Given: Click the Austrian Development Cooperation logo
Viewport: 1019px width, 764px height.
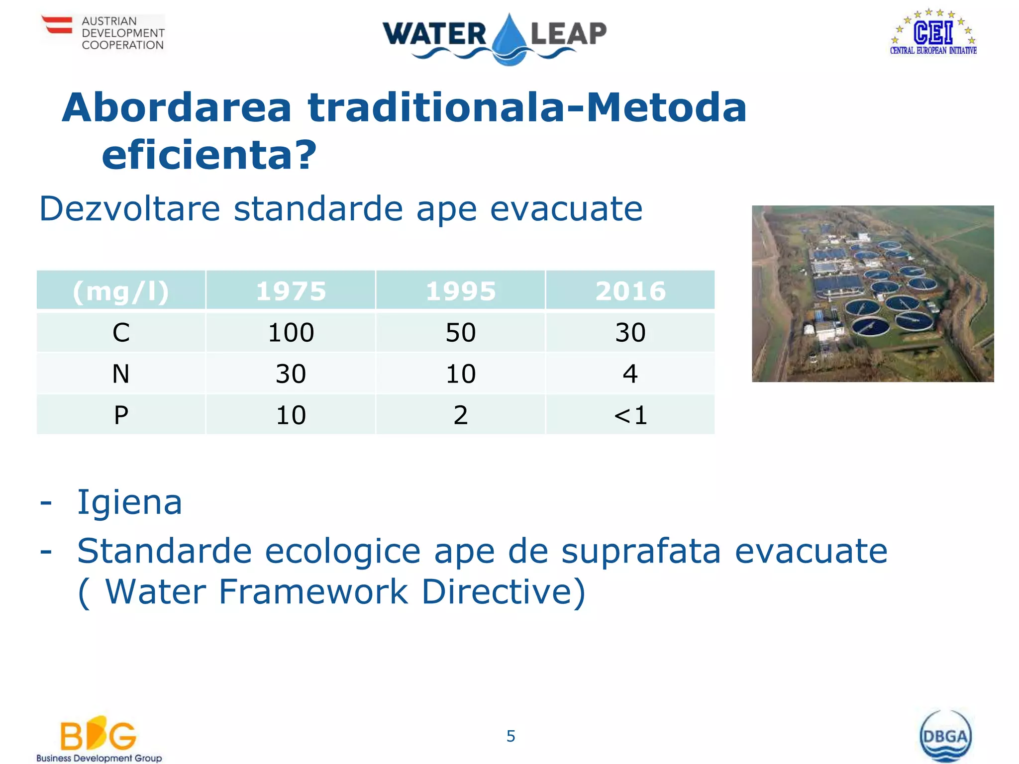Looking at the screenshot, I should (x=103, y=32).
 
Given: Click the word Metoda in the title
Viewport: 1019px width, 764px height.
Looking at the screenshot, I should (x=666, y=108).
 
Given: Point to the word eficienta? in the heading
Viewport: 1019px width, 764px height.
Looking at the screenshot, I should (x=209, y=155).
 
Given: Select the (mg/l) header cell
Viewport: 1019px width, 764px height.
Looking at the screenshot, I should (x=121, y=291).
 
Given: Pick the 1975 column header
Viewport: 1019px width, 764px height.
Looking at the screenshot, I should (x=291, y=291).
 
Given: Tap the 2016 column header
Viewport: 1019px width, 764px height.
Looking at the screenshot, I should (x=630, y=291).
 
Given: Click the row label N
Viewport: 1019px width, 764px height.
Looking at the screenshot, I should (x=121, y=374).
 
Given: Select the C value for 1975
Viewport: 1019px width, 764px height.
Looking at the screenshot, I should (x=291, y=332).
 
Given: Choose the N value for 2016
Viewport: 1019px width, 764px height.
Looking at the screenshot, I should (x=630, y=374).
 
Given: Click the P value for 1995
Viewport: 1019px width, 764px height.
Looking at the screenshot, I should (x=461, y=415).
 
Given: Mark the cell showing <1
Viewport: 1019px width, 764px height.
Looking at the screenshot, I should (x=630, y=415).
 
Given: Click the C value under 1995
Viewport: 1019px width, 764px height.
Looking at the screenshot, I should (x=461, y=332).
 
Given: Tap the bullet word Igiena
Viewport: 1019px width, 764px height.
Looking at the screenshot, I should (x=130, y=502).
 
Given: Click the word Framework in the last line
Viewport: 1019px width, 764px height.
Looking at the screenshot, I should (x=313, y=592).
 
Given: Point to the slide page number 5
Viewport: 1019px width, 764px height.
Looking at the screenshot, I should (x=510, y=736).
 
